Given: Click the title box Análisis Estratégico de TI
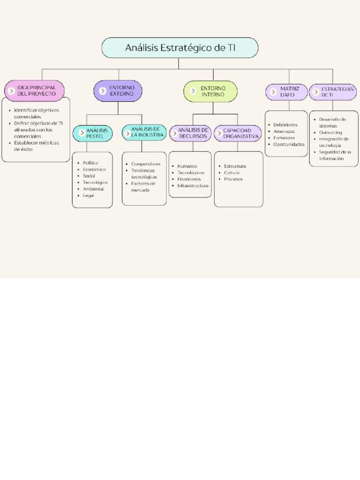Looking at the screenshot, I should [180, 48].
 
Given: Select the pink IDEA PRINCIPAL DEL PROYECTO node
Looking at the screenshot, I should [34, 91].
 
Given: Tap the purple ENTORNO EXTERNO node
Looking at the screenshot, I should [118, 91].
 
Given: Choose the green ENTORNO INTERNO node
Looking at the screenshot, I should [210, 91].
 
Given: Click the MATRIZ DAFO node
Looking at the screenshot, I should [286, 91].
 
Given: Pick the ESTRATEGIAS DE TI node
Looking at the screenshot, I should [333, 91].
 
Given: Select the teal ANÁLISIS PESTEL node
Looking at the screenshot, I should [93, 133].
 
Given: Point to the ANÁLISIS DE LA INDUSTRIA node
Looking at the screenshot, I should [144, 132].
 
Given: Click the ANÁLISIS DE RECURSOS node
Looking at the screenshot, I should [190, 133].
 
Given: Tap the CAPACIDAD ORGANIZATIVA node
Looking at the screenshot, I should [238, 133].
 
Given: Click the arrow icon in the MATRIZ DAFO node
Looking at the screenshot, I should [273, 92].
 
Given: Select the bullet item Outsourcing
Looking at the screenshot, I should [330, 133].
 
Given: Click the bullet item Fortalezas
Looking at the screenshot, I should [284, 138].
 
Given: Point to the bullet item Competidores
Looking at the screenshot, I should [145, 164].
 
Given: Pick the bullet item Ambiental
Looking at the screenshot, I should [93, 189].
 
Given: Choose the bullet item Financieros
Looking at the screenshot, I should [189, 179].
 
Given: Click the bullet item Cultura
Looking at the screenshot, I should [232, 172].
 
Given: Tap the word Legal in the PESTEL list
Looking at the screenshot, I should [88, 195].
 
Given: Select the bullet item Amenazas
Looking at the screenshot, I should [284, 131].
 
